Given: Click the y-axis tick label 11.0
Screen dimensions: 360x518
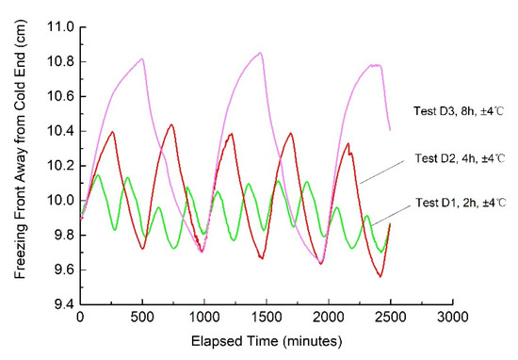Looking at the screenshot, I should tap(60, 27).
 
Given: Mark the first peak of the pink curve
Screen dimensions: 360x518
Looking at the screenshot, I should tap(142, 58).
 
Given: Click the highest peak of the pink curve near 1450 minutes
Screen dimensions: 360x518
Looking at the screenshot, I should tap(260, 53).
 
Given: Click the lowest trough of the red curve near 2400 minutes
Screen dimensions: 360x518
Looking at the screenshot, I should tap(380, 276).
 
